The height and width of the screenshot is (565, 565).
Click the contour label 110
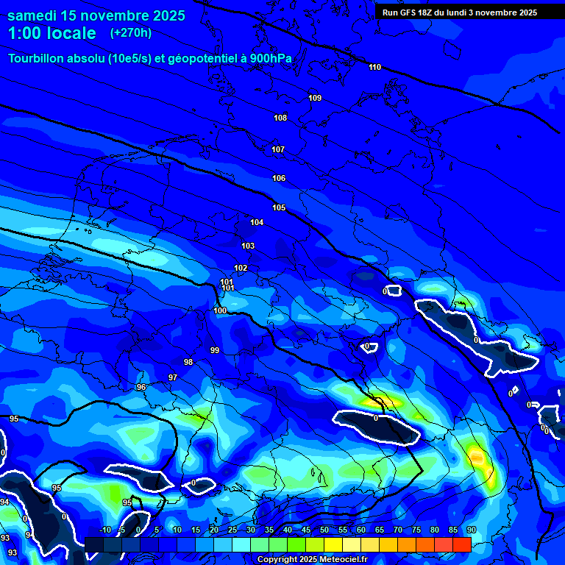point(375,67)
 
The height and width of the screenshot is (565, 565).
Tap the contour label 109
point(315,98)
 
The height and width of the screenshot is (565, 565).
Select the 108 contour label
point(280,118)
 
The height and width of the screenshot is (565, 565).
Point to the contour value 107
point(278,149)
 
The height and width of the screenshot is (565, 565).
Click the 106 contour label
point(279,178)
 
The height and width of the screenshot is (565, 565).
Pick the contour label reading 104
point(257,222)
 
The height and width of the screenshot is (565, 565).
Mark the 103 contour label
point(248,246)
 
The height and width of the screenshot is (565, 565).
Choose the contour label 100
point(221,310)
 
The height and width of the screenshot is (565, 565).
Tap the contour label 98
point(188,362)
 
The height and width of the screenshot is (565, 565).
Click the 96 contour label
point(141,387)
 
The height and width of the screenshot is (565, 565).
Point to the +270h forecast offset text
point(131,32)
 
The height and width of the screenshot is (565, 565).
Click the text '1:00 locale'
point(51,33)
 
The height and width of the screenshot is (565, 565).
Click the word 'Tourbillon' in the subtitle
point(38,59)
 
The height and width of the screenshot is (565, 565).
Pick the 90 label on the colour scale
point(471,530)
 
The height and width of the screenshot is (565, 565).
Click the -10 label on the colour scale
point(104,530)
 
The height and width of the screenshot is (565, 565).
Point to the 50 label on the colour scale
point(324,530)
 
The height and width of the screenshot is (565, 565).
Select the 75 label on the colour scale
point(416,530)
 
